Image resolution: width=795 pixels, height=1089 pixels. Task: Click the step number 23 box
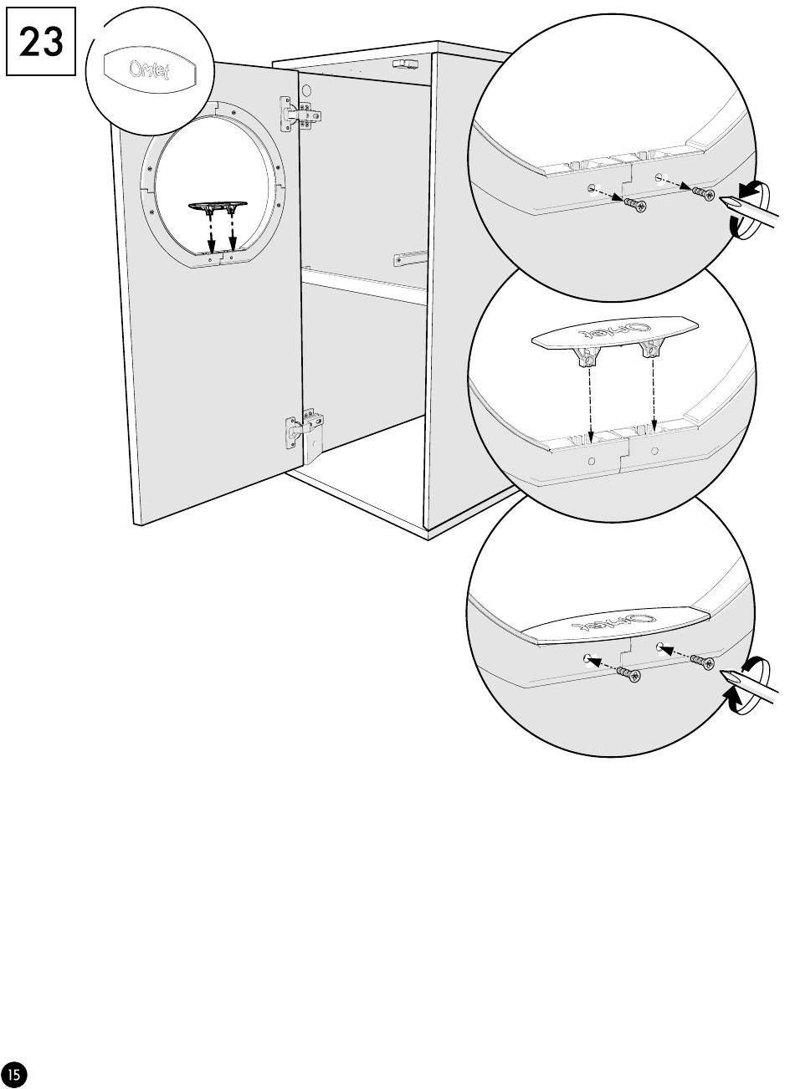point(41,42)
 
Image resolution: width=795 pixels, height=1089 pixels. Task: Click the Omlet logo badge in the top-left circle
point(149,69)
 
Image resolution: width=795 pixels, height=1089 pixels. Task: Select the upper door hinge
point(300,115)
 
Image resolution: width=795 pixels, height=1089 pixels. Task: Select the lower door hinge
point(304,433)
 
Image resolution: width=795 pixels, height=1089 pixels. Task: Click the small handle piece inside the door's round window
point(220,207)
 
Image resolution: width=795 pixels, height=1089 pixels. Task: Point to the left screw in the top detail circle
point(633,204)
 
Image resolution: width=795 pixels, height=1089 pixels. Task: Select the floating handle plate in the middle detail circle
point(615,333)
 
